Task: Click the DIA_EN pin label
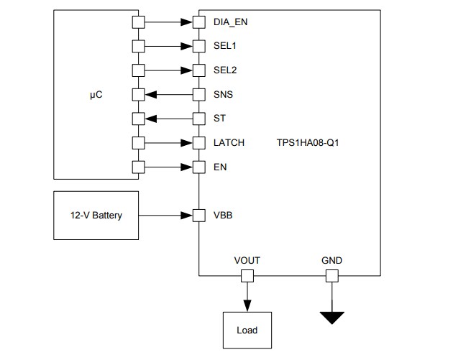pos(231,22)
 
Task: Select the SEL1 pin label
pos(226,47)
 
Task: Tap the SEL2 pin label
pos(226,70)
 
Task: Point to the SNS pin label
pos(224,95)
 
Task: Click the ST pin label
pos(219,119)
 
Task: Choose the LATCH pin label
pos(229,143)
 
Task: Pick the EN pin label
pos(219,167)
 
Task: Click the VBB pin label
pos(223,215)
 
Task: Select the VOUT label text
pos(247,261)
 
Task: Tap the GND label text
pos(332,261)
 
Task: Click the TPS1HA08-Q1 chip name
pos(308,143)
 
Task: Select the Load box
pos(247,331)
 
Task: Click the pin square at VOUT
pos(247,276)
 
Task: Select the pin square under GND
pos(332,276)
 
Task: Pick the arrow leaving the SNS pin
pos(168,95)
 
